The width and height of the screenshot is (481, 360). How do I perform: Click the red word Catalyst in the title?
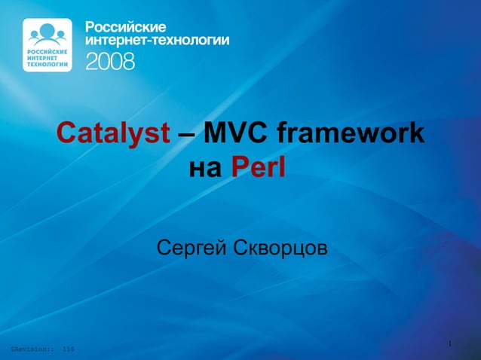click(x=114, y=134)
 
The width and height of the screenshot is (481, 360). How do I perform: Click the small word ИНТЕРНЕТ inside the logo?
click(x=43, y=59)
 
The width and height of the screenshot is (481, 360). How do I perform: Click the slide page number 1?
click(x=449, y=344)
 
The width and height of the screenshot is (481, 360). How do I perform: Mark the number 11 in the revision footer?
click(x=67, y=349)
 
